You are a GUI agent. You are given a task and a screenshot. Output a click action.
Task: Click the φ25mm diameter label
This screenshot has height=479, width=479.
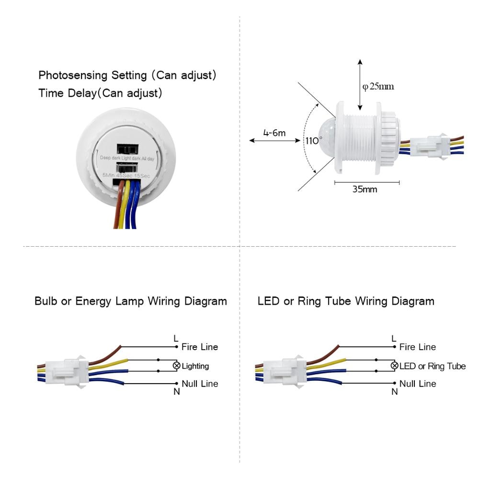point(378,87)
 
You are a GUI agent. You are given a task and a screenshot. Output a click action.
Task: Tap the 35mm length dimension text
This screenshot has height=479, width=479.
point(365,189)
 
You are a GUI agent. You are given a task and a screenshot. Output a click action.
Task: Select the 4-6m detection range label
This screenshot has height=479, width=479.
point(274,133)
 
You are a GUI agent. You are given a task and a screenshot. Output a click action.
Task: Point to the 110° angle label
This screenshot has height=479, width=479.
point(314,141)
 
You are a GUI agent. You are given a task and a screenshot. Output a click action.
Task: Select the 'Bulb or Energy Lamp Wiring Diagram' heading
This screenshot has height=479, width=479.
point(131,301)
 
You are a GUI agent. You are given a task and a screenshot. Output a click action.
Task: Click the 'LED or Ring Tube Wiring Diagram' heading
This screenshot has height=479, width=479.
point(346,301)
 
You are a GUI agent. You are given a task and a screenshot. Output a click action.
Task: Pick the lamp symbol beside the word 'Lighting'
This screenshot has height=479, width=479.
point(176,366)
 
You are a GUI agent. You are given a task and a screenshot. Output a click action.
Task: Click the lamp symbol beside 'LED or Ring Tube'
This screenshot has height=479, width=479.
point(394,366)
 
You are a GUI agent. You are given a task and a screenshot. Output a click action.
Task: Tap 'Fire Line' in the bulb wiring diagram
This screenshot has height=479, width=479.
point(200,347)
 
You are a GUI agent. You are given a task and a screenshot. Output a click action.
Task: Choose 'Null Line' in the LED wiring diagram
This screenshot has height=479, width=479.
point(418,384)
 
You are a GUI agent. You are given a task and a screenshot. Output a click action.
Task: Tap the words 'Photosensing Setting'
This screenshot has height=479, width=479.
point(85,76)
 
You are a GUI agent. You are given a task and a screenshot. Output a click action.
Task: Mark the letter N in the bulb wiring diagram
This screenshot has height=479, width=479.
point(176,391)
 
